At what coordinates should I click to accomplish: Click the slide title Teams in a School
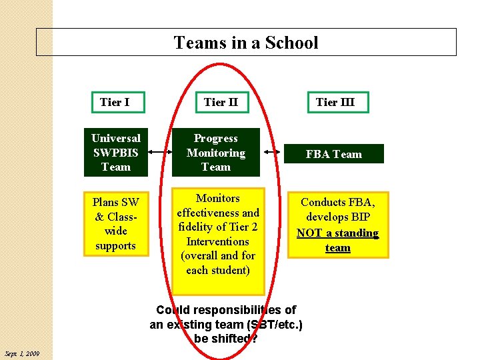[x=246, y=43]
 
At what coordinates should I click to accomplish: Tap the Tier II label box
[x=221, y=102]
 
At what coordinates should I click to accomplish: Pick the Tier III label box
[x=335, y=102]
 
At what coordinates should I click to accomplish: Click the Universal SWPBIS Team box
[x=115, y=153]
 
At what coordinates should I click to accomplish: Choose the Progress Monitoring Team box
[x=216, y=153]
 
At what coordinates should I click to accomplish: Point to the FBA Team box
[x=333, y=154]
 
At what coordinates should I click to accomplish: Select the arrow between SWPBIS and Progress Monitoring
[x=159, y=153]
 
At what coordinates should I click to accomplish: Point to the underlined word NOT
[x=309, y=233]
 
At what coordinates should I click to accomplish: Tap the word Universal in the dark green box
[x=115, y=138]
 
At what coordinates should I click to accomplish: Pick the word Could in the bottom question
[x=173, y=310]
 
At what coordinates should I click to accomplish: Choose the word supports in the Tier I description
[x=115, y=245]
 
